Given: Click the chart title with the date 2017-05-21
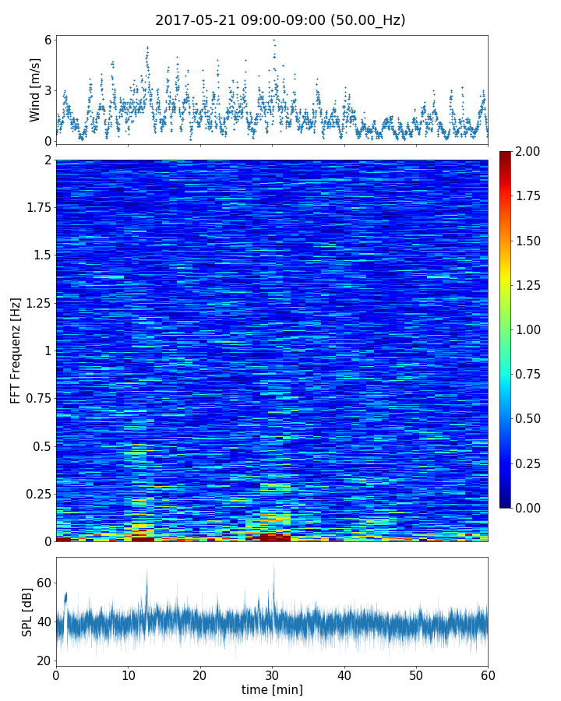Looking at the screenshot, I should pos(280,20).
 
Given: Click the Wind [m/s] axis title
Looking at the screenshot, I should pos(35,89).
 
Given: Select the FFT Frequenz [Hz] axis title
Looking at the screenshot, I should pos(16,350).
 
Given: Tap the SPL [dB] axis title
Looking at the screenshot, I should pos(28,611).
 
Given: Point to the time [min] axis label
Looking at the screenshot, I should pos(272,689).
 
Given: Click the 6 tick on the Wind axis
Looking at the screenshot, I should pos(48,41).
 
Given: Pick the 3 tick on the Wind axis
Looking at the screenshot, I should pos(48,90).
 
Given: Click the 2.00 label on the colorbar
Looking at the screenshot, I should pos(535,151).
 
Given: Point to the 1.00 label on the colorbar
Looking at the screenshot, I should pos(535,329).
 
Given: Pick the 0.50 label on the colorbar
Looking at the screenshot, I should pos(535,419).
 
